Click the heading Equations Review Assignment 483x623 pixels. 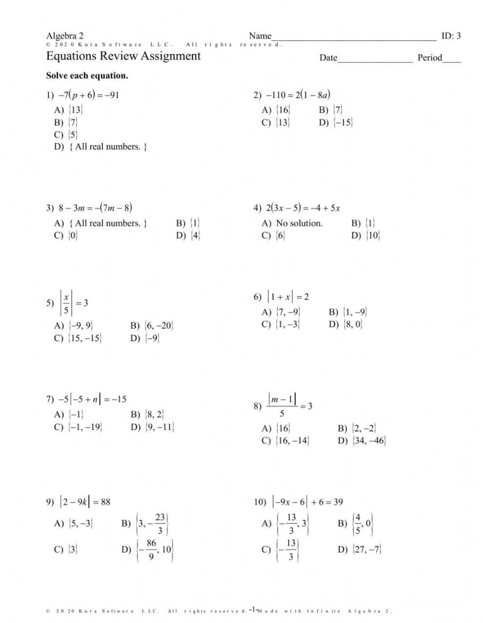pyautogui.click(x=123, y=56)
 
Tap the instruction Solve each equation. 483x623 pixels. pyautogui.click(x=87, y=76)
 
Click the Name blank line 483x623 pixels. pyautogui.click(x=354, y=38)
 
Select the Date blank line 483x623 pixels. pyautogui.click(x=375, y=60)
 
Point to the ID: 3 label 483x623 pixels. pyautogui.click(x=451, y=36)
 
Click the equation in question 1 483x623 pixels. pyautogui.click(x=89, y=95)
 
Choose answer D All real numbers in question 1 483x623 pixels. pyautogui.click(x=108, y=147)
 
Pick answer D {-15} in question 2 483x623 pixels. pyautogui.click(x=342, y=122)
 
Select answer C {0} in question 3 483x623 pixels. pyautogui.click(x=73, y=235)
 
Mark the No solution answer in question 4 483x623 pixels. pyautogui.click(x=299, y=223)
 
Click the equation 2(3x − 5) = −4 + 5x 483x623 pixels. pyautogui.click(x=302, y=208)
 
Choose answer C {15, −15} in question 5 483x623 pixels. pyautogui.click(x=85, y=338)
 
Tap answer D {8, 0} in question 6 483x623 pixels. pyautogui.click(x=352, y=324)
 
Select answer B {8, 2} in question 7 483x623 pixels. pyautogui.click(x=154, y=415)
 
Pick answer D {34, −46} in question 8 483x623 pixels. pyautogui.click(x=368, y=441)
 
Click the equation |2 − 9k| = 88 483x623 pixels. pyautogui.click(x=85, y=502)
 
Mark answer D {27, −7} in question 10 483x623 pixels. pyautogui.click(x=366, y=549)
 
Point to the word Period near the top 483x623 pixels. pyautogui.click(x=430, y=58)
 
